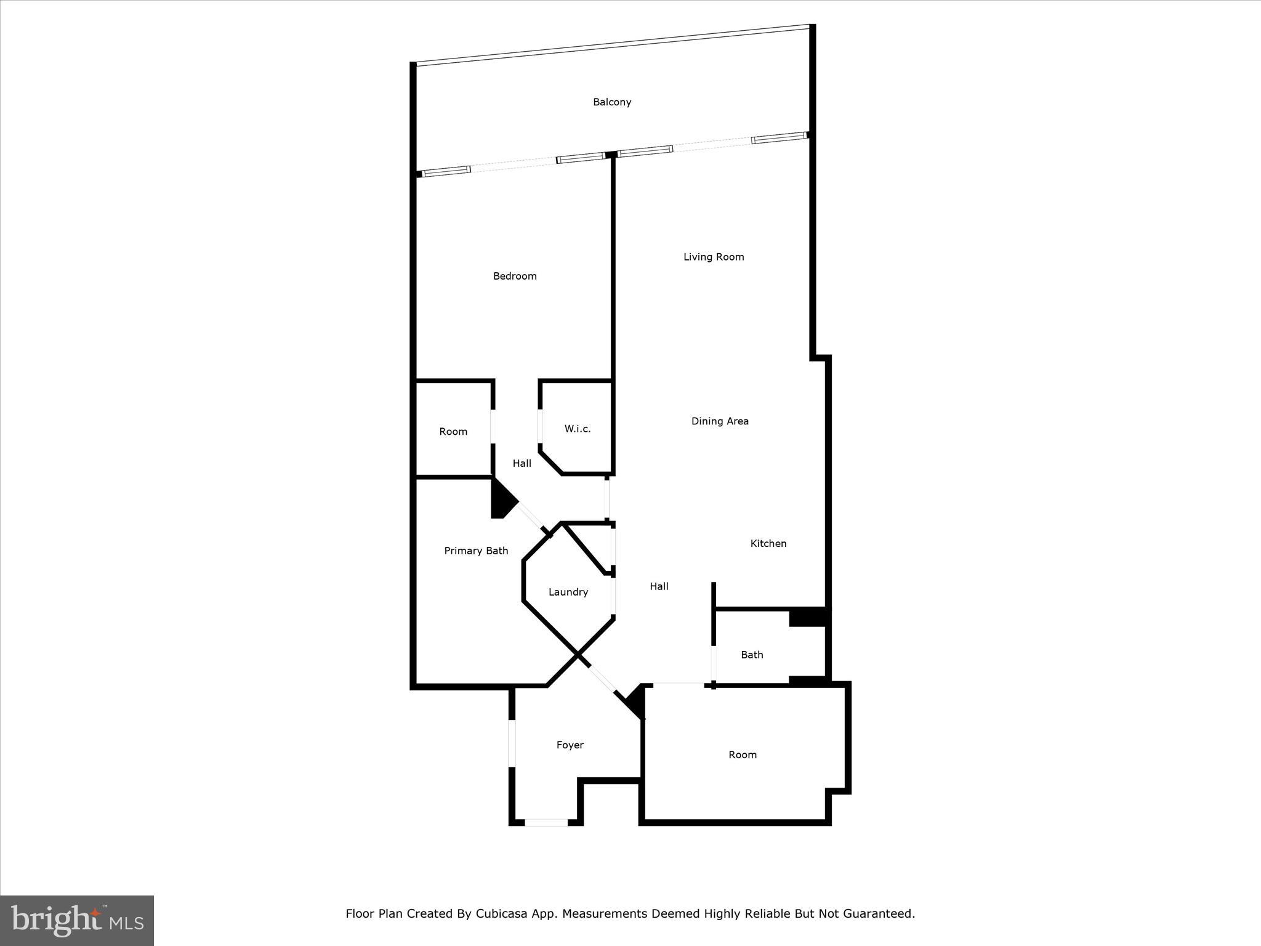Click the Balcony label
[x=611, y=102]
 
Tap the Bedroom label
[x=515, y=276]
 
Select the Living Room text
[x=714, y=257]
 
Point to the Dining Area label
[x=720, y=421]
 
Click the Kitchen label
[x=768, y=543]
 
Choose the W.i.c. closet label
[x=578, y=429]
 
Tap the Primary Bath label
[x=476, y=551]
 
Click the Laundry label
[x=568, y=592]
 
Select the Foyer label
[x=570, y=745]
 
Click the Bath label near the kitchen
[x=752, y=655]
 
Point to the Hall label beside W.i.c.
[x=522, y=463]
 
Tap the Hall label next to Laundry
[x=659, y=586]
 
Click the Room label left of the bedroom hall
[x=453, y=432]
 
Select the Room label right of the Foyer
[x=742, y=755]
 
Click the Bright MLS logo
[x=77, y=920]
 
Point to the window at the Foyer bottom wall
[x=546, y=822]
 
